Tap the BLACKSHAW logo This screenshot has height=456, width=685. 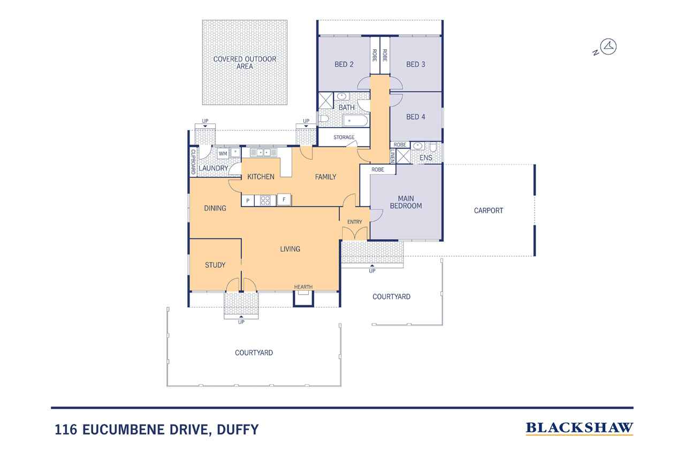coord(579,428)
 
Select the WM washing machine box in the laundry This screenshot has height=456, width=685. coord(223,153)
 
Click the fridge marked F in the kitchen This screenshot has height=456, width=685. coord(284,200)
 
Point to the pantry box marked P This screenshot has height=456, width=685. coord(248,200)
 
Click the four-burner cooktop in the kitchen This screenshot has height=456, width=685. coord(265,200)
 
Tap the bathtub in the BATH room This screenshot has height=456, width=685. coord(355,121)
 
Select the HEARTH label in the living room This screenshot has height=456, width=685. coord(303,287)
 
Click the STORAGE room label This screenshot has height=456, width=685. coord(344,137)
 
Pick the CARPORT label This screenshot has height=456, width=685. coord(489,211)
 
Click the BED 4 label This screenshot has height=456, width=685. coord(416,117)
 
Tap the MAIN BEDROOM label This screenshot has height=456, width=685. coord(406,202)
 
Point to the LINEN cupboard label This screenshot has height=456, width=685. coord(393,156)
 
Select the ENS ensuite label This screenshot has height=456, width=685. coord(426,158)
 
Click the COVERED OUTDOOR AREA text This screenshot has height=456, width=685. coord(245,63)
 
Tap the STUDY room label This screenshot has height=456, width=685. coord(215,265)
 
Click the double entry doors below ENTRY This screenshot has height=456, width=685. coord(355,234)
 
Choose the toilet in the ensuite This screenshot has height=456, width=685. coord(433,147)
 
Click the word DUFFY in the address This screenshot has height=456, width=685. coord(238,429)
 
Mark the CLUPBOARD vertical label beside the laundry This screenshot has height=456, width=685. coord(193,162)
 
